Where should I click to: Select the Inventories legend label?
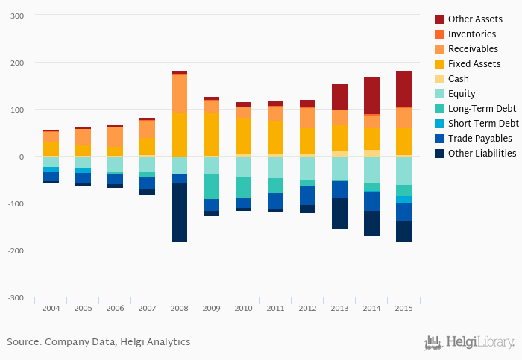[x=471, y=34]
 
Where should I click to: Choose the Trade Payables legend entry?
[x=479, y=139]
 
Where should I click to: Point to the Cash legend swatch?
[x=439, y=79]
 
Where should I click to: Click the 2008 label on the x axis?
[x=179, y=308]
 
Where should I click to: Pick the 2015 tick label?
[x=403, y=308]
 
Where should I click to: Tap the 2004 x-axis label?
[x=51, y=308]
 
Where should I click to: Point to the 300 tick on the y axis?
[x=16, y=16]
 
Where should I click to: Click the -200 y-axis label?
[x=15, y=250]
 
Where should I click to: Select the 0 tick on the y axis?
[x=22, y=157]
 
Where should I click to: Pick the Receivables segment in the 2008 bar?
[x=179, y=93]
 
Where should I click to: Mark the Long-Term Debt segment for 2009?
[x=211, y=186]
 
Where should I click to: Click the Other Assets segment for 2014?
[x=371, y=95]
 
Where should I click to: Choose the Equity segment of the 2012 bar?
[x=307, y=168]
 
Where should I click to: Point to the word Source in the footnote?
[x=22, y=342]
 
